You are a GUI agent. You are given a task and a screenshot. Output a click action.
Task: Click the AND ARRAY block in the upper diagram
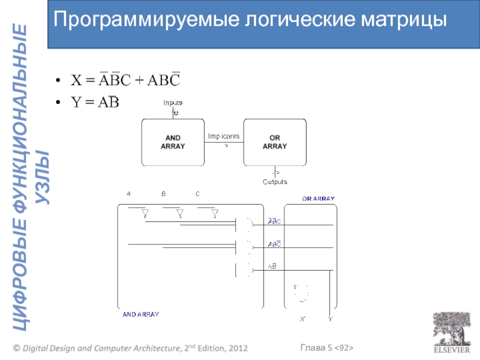coord(172,142)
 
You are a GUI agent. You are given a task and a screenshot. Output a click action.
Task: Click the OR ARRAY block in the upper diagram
coord(275,142)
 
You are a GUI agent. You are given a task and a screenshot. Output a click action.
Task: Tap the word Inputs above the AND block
coord(173,103)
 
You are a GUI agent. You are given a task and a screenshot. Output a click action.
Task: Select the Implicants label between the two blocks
coord(224,136)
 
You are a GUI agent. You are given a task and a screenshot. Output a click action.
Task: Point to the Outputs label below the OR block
coord(275,182)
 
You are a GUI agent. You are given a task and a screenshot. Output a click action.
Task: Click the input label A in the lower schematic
coord(128,194)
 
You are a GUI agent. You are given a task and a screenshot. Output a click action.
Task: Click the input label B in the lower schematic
coord(163,194)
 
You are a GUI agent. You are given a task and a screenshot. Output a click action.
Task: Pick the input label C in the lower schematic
coord(197,194)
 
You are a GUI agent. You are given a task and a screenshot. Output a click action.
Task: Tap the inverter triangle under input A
coord(145,214)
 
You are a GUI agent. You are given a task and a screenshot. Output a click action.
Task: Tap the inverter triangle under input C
coord(215,214)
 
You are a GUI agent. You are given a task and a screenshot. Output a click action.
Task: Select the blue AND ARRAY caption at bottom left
coord(140,314)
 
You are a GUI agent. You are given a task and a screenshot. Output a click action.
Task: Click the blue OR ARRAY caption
coord(318,199)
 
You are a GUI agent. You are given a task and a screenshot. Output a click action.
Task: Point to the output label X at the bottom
coord(302,319)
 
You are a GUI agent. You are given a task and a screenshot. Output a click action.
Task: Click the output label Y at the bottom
coord(331,319)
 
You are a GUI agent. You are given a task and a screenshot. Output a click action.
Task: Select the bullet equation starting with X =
coord(125,81)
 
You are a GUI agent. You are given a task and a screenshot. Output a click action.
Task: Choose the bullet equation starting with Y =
coord(95,103)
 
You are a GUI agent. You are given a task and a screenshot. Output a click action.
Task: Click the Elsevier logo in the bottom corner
coord(448,333)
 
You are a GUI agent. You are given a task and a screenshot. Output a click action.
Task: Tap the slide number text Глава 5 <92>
coord(326,348)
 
